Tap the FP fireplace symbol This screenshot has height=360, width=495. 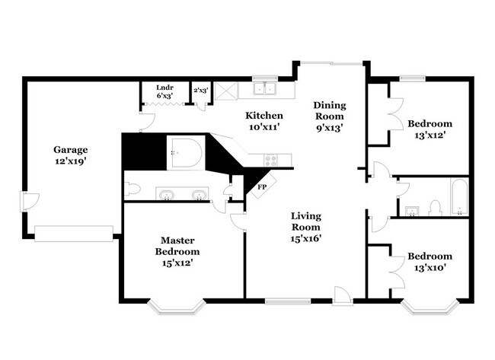point(262,186)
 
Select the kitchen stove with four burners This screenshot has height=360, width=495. point(270,160)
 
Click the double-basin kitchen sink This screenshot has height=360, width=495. point(264,89)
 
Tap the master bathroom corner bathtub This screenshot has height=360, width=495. point(186,152)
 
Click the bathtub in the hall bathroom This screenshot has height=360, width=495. point(458,198)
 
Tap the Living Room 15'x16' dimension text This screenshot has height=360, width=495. point(305,238)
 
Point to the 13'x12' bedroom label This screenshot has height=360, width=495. point(430,129)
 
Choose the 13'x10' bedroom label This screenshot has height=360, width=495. point(430,262)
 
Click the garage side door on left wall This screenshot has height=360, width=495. point(26,202)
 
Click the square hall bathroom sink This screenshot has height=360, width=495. point(410,209)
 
